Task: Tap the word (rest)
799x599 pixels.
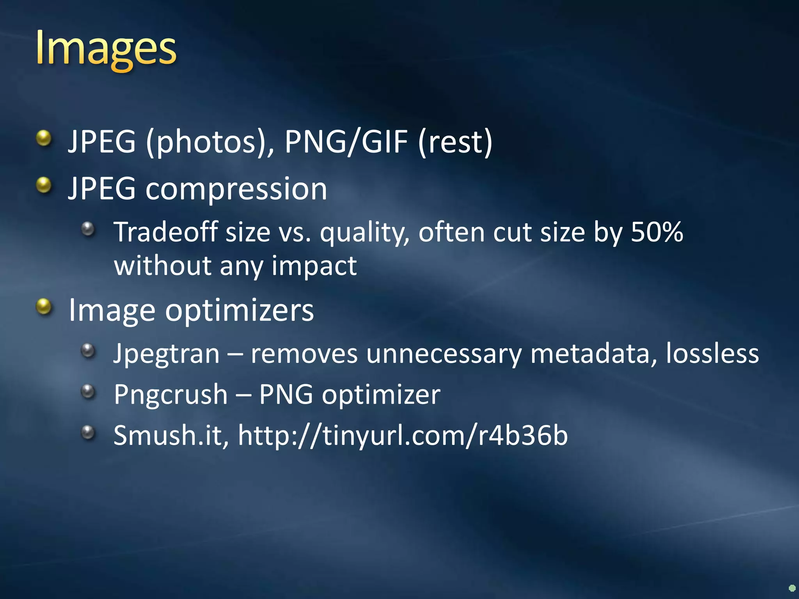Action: [455, 142]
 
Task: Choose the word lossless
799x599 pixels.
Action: [712, 353]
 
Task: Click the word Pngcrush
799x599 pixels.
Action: [171, 395]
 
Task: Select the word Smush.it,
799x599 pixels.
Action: [171, 436]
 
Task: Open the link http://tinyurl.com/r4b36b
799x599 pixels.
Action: [403, 436]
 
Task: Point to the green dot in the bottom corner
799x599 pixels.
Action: [792, 588]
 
